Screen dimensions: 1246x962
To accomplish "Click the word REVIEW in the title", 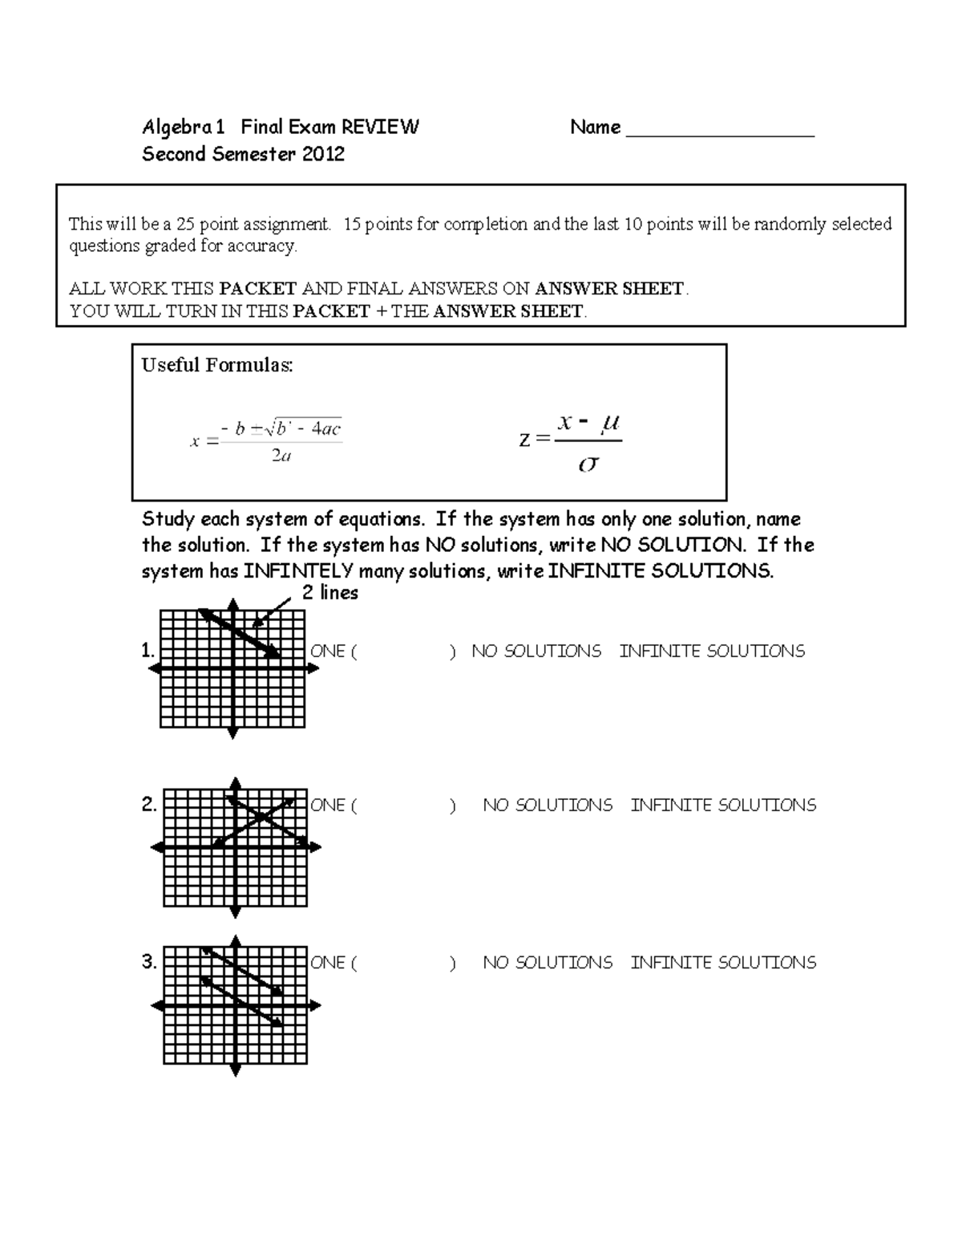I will click(380, 127).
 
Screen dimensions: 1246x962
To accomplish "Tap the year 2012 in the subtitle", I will click(323, 154).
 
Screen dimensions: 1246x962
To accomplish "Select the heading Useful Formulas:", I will click(217, 365).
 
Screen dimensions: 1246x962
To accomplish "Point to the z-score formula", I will click(571, 441).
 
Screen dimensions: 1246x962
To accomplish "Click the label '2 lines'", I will click(329, 593).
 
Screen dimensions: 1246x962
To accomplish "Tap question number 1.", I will click(148, 651).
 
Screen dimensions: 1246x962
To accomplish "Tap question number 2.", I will click(149, 804).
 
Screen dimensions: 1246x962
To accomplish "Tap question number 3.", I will click(149, 961).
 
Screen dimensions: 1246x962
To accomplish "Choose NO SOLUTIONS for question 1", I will click(536, 651).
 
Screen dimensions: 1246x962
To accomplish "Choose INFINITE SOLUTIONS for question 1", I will click(712, 651).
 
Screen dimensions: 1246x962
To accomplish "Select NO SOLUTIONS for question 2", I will click(547, 805).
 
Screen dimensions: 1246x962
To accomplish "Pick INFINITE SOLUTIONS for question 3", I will click(723, 962).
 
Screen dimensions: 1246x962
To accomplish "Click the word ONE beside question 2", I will click(328, 805).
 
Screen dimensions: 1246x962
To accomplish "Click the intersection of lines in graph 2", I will click(261, 818).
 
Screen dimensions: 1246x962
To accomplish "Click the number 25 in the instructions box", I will click(187, 224).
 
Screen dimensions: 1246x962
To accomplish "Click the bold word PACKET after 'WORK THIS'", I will click(258, 289).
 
